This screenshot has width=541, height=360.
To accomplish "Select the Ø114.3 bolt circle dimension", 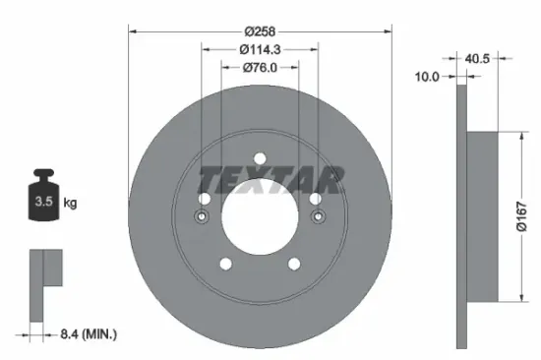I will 260,50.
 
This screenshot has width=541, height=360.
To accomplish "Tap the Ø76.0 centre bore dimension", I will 260,68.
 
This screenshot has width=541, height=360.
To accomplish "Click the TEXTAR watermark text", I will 272,179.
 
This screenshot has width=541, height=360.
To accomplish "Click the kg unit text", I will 71,203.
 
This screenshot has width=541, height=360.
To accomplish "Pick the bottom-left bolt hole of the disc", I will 225,264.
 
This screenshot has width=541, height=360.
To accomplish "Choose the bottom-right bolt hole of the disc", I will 294,264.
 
